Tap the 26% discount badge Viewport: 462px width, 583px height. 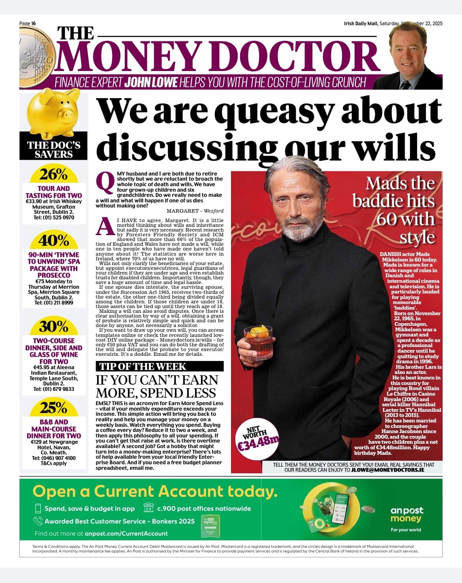point(54,174)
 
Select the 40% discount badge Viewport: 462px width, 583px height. point(54,240)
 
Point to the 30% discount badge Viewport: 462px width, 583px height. point(54,326)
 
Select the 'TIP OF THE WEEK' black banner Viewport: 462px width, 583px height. point(160,366)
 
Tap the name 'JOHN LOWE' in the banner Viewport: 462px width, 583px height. point(151,82)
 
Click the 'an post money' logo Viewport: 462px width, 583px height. point(406,514)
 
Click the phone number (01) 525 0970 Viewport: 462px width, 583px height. point(59,217)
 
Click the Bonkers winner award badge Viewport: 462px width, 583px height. point(210,525)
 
